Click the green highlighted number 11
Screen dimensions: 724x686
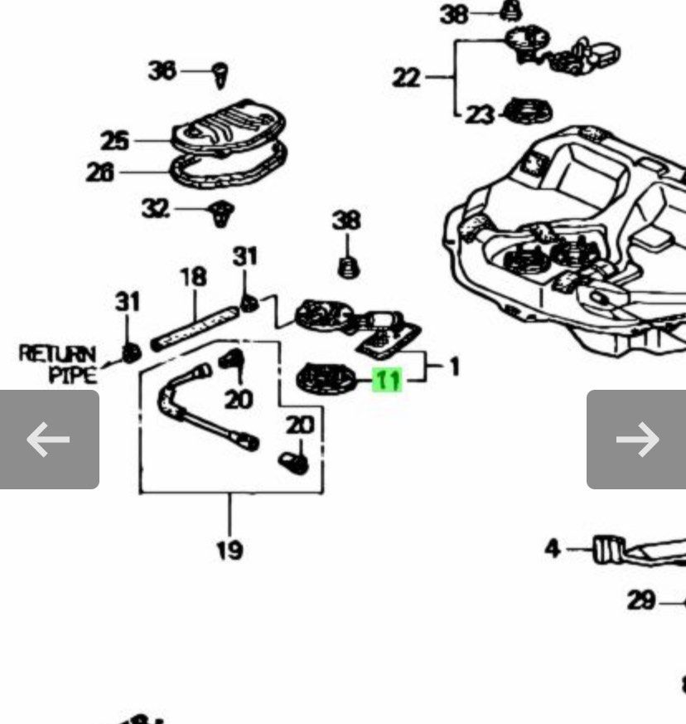388,381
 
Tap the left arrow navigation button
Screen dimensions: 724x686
49,439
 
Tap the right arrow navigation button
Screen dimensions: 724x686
636,439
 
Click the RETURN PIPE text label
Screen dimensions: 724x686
58,364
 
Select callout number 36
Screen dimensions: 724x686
162,71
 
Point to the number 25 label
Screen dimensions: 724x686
115,140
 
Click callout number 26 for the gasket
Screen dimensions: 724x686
100,172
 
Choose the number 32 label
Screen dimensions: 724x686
156,208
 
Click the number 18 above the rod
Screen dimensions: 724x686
192,276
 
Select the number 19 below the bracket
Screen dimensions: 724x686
229,549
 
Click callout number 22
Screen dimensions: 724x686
406,77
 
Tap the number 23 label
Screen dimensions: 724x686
479,114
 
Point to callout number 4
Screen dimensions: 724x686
553,548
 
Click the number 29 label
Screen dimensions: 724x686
641,600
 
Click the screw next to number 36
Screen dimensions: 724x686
221,75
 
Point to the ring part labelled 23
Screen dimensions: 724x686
528,110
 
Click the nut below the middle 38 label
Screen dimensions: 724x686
347,267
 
